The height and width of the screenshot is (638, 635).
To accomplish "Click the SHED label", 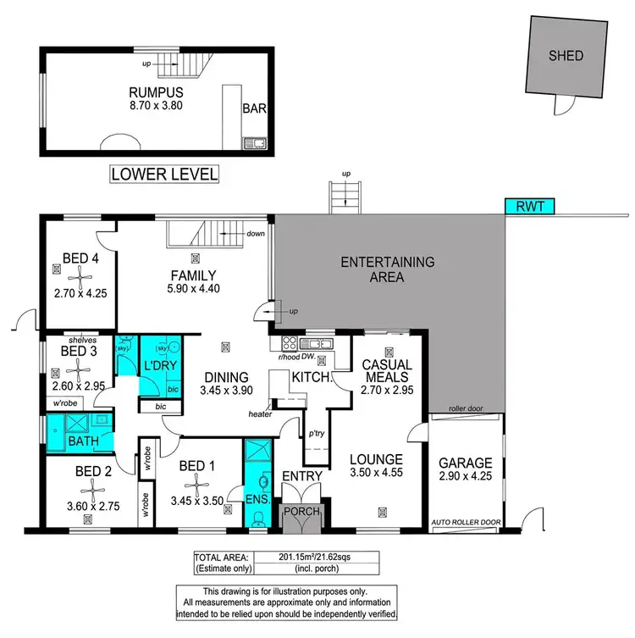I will point(566,56).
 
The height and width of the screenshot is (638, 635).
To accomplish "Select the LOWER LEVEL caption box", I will point(164,175).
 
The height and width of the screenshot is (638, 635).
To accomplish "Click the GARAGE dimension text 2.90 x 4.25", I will point(465,478).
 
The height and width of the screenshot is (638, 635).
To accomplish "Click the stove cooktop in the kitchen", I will point(289,343).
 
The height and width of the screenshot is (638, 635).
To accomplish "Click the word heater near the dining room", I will point(261,414).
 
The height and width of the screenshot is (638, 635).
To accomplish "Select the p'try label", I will point(317,433).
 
